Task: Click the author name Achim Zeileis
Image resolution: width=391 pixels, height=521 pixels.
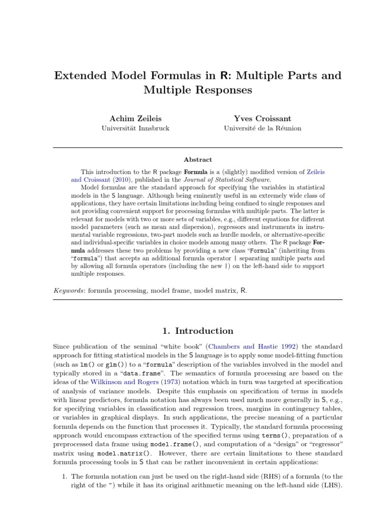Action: [135, 118]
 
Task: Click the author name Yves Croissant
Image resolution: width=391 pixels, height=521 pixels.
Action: [262, 118]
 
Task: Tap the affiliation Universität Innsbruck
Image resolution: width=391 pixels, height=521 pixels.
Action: [135, 128]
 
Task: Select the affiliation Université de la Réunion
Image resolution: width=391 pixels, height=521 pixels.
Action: [262, 128]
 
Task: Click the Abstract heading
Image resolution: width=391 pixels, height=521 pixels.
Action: [198, 159]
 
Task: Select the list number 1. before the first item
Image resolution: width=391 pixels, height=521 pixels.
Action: [64, 476]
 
